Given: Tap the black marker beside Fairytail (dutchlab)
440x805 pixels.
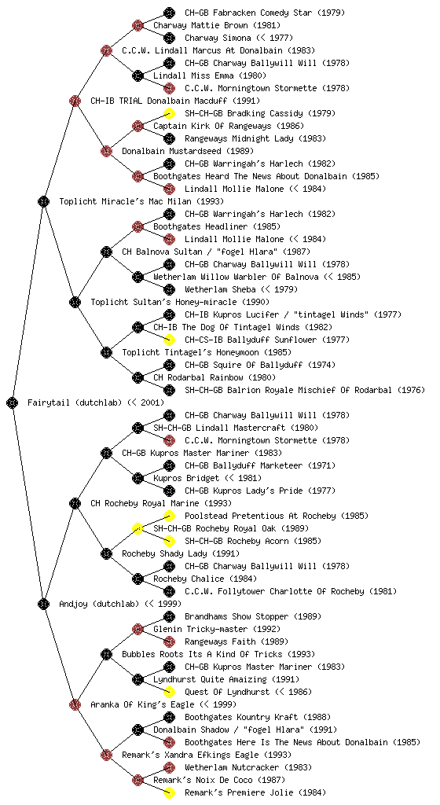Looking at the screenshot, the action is pyautogui.click(x=13, y=403).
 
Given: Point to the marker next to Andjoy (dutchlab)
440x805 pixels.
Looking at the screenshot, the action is pyautogui.click(x=43, y=605).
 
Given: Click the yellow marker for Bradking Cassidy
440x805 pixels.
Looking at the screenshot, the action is pyautogui.click(x=169, y=113).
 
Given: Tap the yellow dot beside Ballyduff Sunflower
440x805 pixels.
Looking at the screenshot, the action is pyautogui.click(x=169, y=340).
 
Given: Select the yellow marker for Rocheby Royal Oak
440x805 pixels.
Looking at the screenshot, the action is pyautogui.click(x=137, y=529).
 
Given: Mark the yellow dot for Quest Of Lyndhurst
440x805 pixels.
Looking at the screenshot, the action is pyautogui.click(x=169, y=692).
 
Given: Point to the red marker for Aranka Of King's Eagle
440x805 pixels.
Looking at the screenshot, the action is pyautogui.click(x=75, y=705).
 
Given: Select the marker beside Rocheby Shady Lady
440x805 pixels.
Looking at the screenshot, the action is pyautogui.click(x=106, y=554).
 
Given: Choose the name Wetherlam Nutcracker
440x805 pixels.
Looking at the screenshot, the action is pyautogui.click(x=233, y=767).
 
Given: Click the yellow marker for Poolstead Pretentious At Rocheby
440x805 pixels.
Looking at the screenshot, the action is pyautogui.click(x=169, y=516).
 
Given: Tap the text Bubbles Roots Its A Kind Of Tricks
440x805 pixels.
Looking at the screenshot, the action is pyautogui.click(x=202, y=655).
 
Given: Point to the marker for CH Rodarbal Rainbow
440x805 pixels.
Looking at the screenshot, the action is pyautogui.click(x=137, y=378).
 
